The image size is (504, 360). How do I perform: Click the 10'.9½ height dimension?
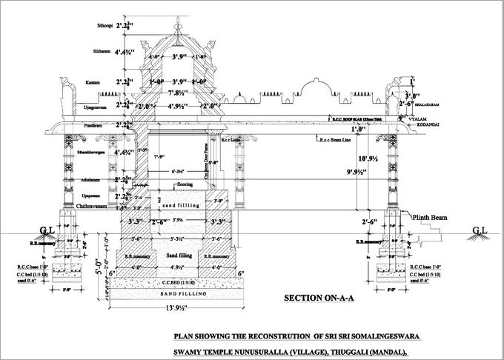368,159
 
